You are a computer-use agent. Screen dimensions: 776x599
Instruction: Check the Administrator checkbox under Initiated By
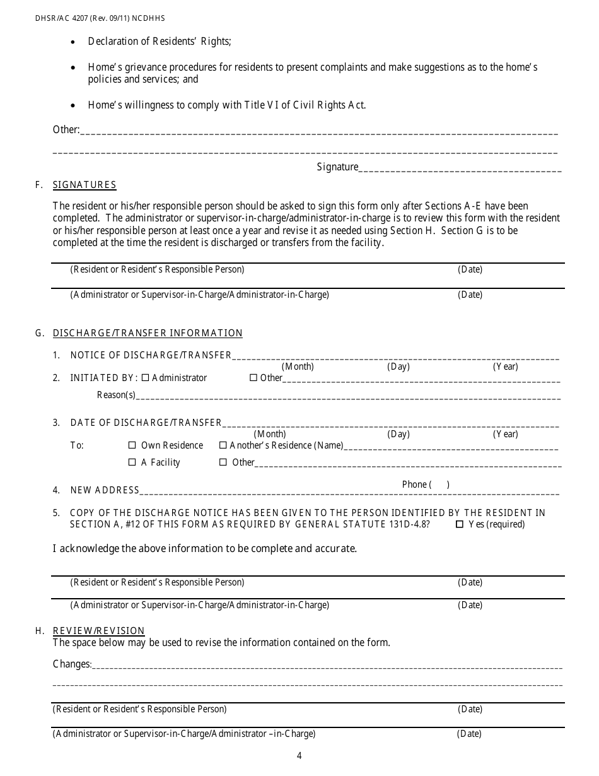tap(146, 378)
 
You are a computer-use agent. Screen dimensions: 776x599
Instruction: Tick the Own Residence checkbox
tap(132, 445)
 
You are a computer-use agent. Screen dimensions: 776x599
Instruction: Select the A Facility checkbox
tap(132, 462)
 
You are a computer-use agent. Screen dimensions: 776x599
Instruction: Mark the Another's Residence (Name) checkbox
tap(223, 445)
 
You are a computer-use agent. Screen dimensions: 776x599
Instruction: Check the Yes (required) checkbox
tap(460, 524)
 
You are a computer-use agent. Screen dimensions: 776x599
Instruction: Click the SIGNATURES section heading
tap(84, 185)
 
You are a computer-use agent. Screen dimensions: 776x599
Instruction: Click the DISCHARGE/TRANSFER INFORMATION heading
tap(148, 333)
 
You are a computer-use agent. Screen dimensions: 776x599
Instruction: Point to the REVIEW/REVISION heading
tap(98, 631)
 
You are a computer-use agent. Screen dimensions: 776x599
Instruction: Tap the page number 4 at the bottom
tap(299, 756)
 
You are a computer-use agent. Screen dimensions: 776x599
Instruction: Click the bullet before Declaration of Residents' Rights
tap(74, 42)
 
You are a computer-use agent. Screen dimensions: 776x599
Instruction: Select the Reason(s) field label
tap(116, 396)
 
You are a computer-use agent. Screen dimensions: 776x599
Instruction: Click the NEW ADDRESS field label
tap(105, 490)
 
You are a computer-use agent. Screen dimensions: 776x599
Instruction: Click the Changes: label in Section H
tap(73, 664)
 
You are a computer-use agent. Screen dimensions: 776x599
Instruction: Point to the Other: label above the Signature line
tap(66, 130)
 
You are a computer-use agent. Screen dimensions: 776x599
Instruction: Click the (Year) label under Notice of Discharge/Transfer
tap(505, 367)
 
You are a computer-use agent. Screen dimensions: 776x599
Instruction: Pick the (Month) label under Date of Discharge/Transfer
tap(270, 434)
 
